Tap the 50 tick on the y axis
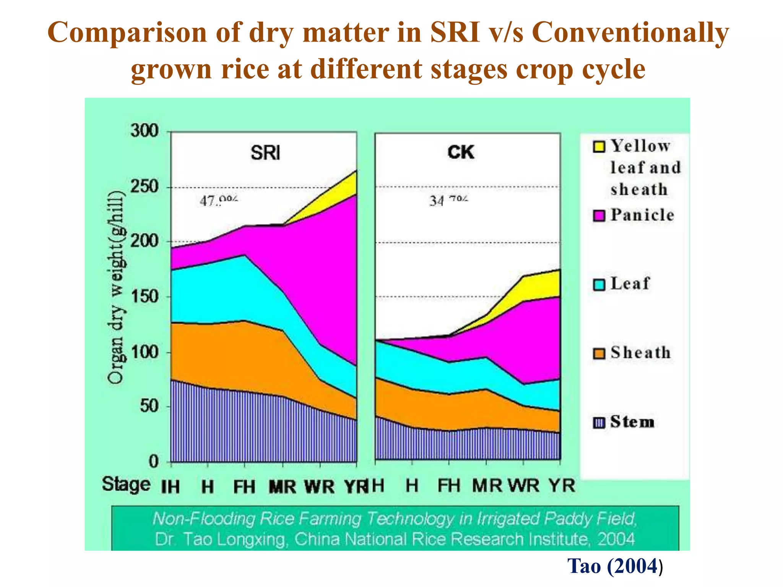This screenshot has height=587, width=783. (149, 406)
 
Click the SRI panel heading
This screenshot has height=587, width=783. (265, 153)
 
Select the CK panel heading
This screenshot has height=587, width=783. (461, 152)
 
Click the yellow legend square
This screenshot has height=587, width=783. (599, 147)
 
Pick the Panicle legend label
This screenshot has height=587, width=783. (642, 215)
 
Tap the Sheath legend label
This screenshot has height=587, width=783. (640, 352)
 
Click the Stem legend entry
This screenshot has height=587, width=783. (632, 422)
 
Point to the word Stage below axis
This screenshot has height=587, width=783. (126, 484)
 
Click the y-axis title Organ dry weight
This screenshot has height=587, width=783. (116, 287)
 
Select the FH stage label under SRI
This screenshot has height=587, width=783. (244, 487)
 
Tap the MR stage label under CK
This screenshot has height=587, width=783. (487, 486)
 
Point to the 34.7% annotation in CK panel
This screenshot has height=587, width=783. (448, 200)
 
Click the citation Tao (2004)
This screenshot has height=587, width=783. (615, 566)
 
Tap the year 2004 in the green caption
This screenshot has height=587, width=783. (616, 539)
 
